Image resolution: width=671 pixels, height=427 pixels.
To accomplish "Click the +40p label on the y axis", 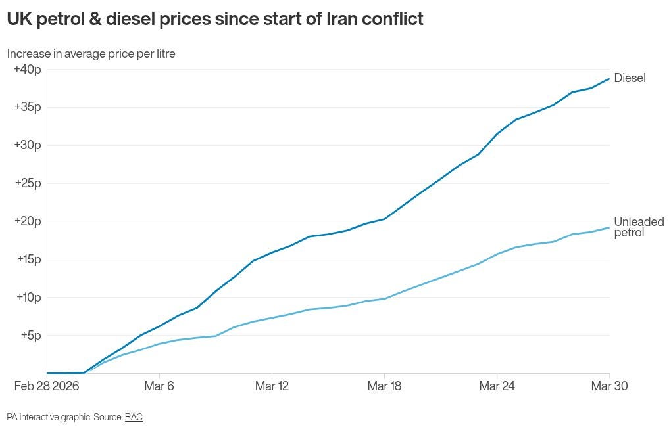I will coord(28,69).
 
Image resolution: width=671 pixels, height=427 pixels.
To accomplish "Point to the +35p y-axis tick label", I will coord(28,107).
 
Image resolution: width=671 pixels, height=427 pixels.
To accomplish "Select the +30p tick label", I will coord(28,145).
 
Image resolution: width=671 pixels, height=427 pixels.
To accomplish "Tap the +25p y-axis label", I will coord(28,183).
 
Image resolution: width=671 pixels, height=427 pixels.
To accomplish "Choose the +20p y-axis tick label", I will coord(28,221).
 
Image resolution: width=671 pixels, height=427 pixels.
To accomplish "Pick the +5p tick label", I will coord(30,335).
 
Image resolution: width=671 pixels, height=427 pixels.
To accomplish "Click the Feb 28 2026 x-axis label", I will coord(47,386).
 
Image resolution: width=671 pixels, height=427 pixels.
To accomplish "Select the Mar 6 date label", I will coord(159,386).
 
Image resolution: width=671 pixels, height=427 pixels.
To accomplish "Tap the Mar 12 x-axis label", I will coord(272,386).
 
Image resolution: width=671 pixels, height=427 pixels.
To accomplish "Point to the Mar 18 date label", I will coord(385,386).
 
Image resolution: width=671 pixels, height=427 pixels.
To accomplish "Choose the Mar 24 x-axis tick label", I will coord(497,386).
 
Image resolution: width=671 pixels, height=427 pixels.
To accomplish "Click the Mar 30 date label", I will coord(609,386).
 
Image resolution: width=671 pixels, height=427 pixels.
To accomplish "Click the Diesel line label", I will coord(630,78).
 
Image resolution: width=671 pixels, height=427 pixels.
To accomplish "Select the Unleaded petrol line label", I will coord(639,227).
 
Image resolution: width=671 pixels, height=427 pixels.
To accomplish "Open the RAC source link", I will coord(134,417).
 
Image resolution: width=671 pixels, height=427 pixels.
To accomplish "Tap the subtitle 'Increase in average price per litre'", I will coord(91,54).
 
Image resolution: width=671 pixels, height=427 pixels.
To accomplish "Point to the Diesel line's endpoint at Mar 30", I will coord(609,79).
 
